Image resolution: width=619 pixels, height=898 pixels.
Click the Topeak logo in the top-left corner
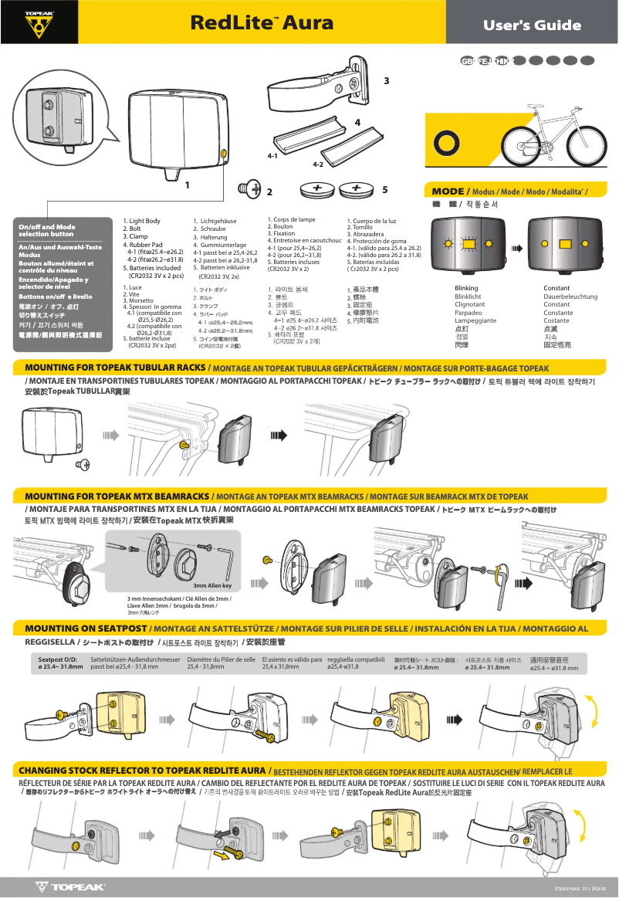tap(39, 22)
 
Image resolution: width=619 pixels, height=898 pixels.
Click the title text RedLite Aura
tap(262, 22)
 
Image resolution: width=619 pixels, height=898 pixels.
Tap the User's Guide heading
tap(532, 25)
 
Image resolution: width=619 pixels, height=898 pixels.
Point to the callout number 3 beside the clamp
tap(386, 81)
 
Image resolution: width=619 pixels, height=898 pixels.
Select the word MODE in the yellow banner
tap(448, 191)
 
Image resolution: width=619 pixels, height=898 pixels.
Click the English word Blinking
tap(466, 288)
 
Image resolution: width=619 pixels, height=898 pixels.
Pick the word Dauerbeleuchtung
tap(570, 297)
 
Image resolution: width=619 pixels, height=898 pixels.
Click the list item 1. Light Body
tap(142, 221)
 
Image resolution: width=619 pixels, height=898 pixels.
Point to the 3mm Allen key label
tap(218, 585)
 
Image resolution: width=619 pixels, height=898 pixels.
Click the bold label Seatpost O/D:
tap(58, 659)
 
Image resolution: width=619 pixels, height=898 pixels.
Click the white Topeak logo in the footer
tap(70, 887)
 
